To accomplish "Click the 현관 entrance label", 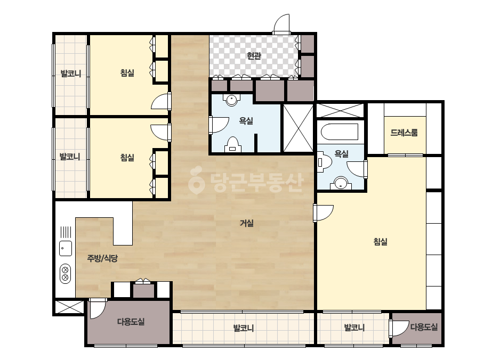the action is click(254, 56).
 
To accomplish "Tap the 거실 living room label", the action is click(247, 223).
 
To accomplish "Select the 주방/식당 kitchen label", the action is click(102, 258).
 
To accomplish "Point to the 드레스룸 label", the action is click(404, 133).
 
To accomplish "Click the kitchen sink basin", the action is click(66, 248).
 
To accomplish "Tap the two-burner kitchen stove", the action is click(65, 273).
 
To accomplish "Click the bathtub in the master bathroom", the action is click(340, 132).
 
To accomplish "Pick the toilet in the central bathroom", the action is click(232, 144).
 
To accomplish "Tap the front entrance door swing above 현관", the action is click(281, 24).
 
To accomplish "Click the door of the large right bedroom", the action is click(324, 212).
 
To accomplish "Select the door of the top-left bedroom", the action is click(161, 101).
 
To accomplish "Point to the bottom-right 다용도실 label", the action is click(424, 327).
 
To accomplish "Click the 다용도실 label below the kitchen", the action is click(131, 322).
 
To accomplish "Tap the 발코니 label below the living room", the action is click(244, 329).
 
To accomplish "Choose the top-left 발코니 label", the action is click(70, 73).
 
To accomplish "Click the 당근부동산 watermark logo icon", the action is click(196, 181).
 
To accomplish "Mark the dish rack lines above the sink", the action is click(66, 232).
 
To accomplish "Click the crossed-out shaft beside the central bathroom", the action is click(298, 128).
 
